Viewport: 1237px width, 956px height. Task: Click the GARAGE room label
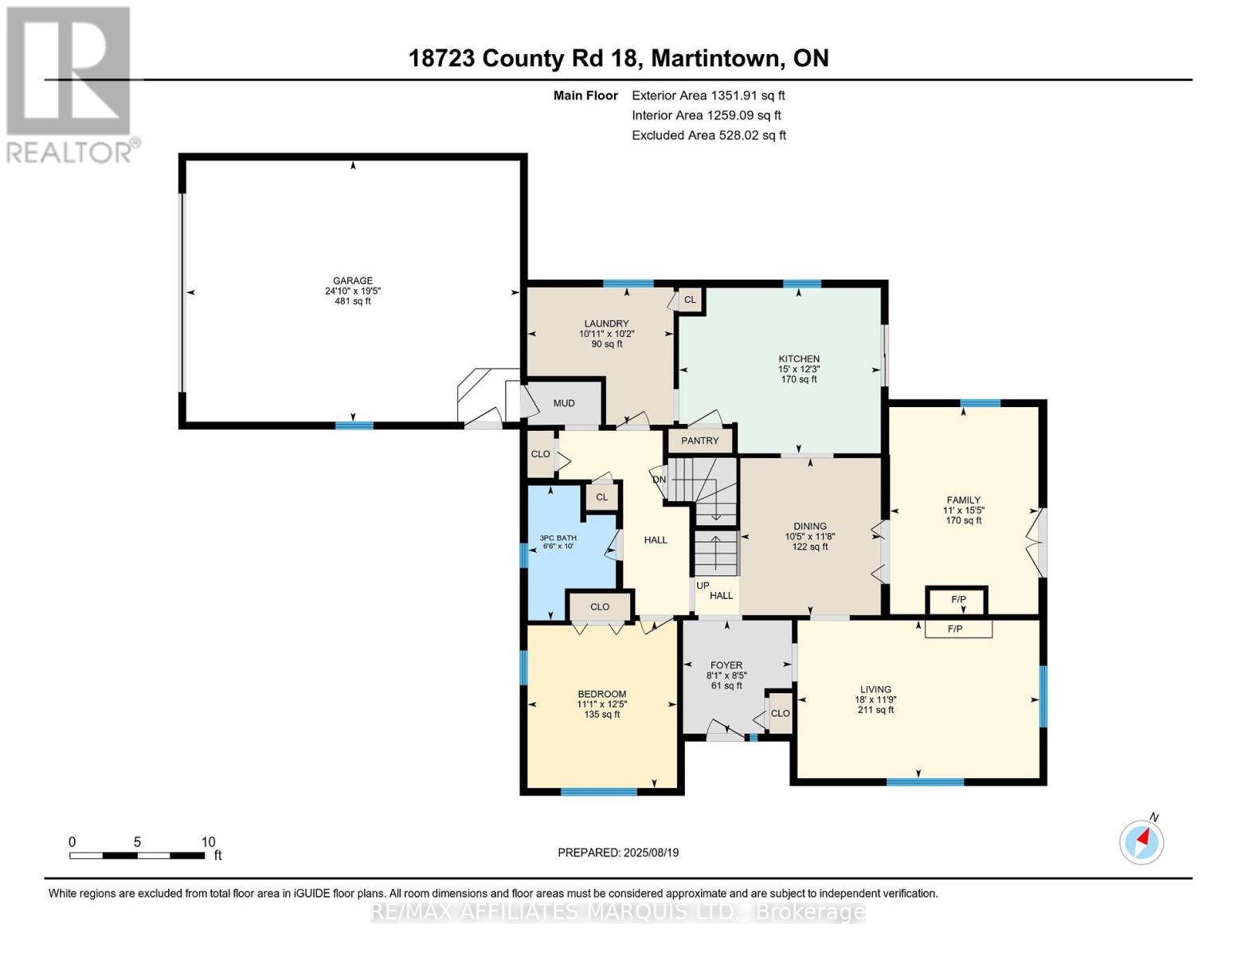click(x=352, y=280)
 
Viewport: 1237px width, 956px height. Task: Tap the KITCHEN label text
click(x=798, y=358)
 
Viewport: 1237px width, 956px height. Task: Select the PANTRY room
click(x=699, y=441)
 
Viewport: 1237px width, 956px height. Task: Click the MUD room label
click(x=564, y=403)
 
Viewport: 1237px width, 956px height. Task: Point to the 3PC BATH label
click(x=558, y=538)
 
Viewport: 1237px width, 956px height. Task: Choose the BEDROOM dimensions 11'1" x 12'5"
click(x=601, y=704)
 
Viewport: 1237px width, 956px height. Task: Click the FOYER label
click(x=726, y=665)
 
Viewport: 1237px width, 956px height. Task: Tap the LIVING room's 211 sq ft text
click(x=875, y=710)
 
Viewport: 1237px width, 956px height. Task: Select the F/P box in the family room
click(x=958, y=599)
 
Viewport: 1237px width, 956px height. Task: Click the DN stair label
click(x=659, y=480)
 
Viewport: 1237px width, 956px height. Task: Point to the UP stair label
click(x=703, y=586)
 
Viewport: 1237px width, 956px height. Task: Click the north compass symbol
click(x=1142, y=840)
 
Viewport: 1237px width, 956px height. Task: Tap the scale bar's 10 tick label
click(x=208, y=842)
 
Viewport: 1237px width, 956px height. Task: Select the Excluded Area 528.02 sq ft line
click(x=708, y=135)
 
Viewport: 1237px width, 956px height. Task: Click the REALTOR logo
click(x=70, y=84)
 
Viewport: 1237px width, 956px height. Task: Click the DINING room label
click(x=809, y=526)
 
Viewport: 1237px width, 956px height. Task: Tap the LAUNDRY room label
click(x=606, y=323)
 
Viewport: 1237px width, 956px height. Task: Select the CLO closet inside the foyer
click(x=780, y=713)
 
